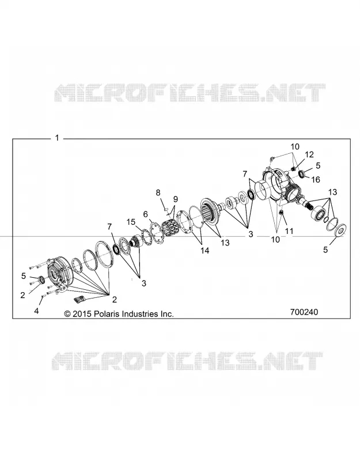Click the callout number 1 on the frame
[x=57, y=138]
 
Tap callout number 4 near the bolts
[x=36, y=311]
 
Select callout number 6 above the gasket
[x=146, y=214]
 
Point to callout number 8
[x=158, y=192]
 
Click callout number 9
[x=176, y=199]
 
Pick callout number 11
[x=290, y=231]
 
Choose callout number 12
[x=309, y=154]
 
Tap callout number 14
[x=205, y=251]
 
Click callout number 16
[x=316, y=179]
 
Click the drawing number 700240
[x=304, y=312]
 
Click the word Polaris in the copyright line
[x=108, y=314]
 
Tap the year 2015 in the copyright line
[x=82, y=314]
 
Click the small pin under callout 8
[x=165, y=209]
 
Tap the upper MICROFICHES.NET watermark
[x=190, y=93]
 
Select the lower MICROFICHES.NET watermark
[x=187, y=361]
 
